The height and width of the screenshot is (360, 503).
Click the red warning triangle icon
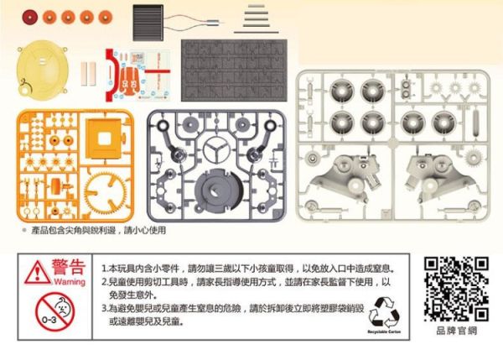click(36, 271)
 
